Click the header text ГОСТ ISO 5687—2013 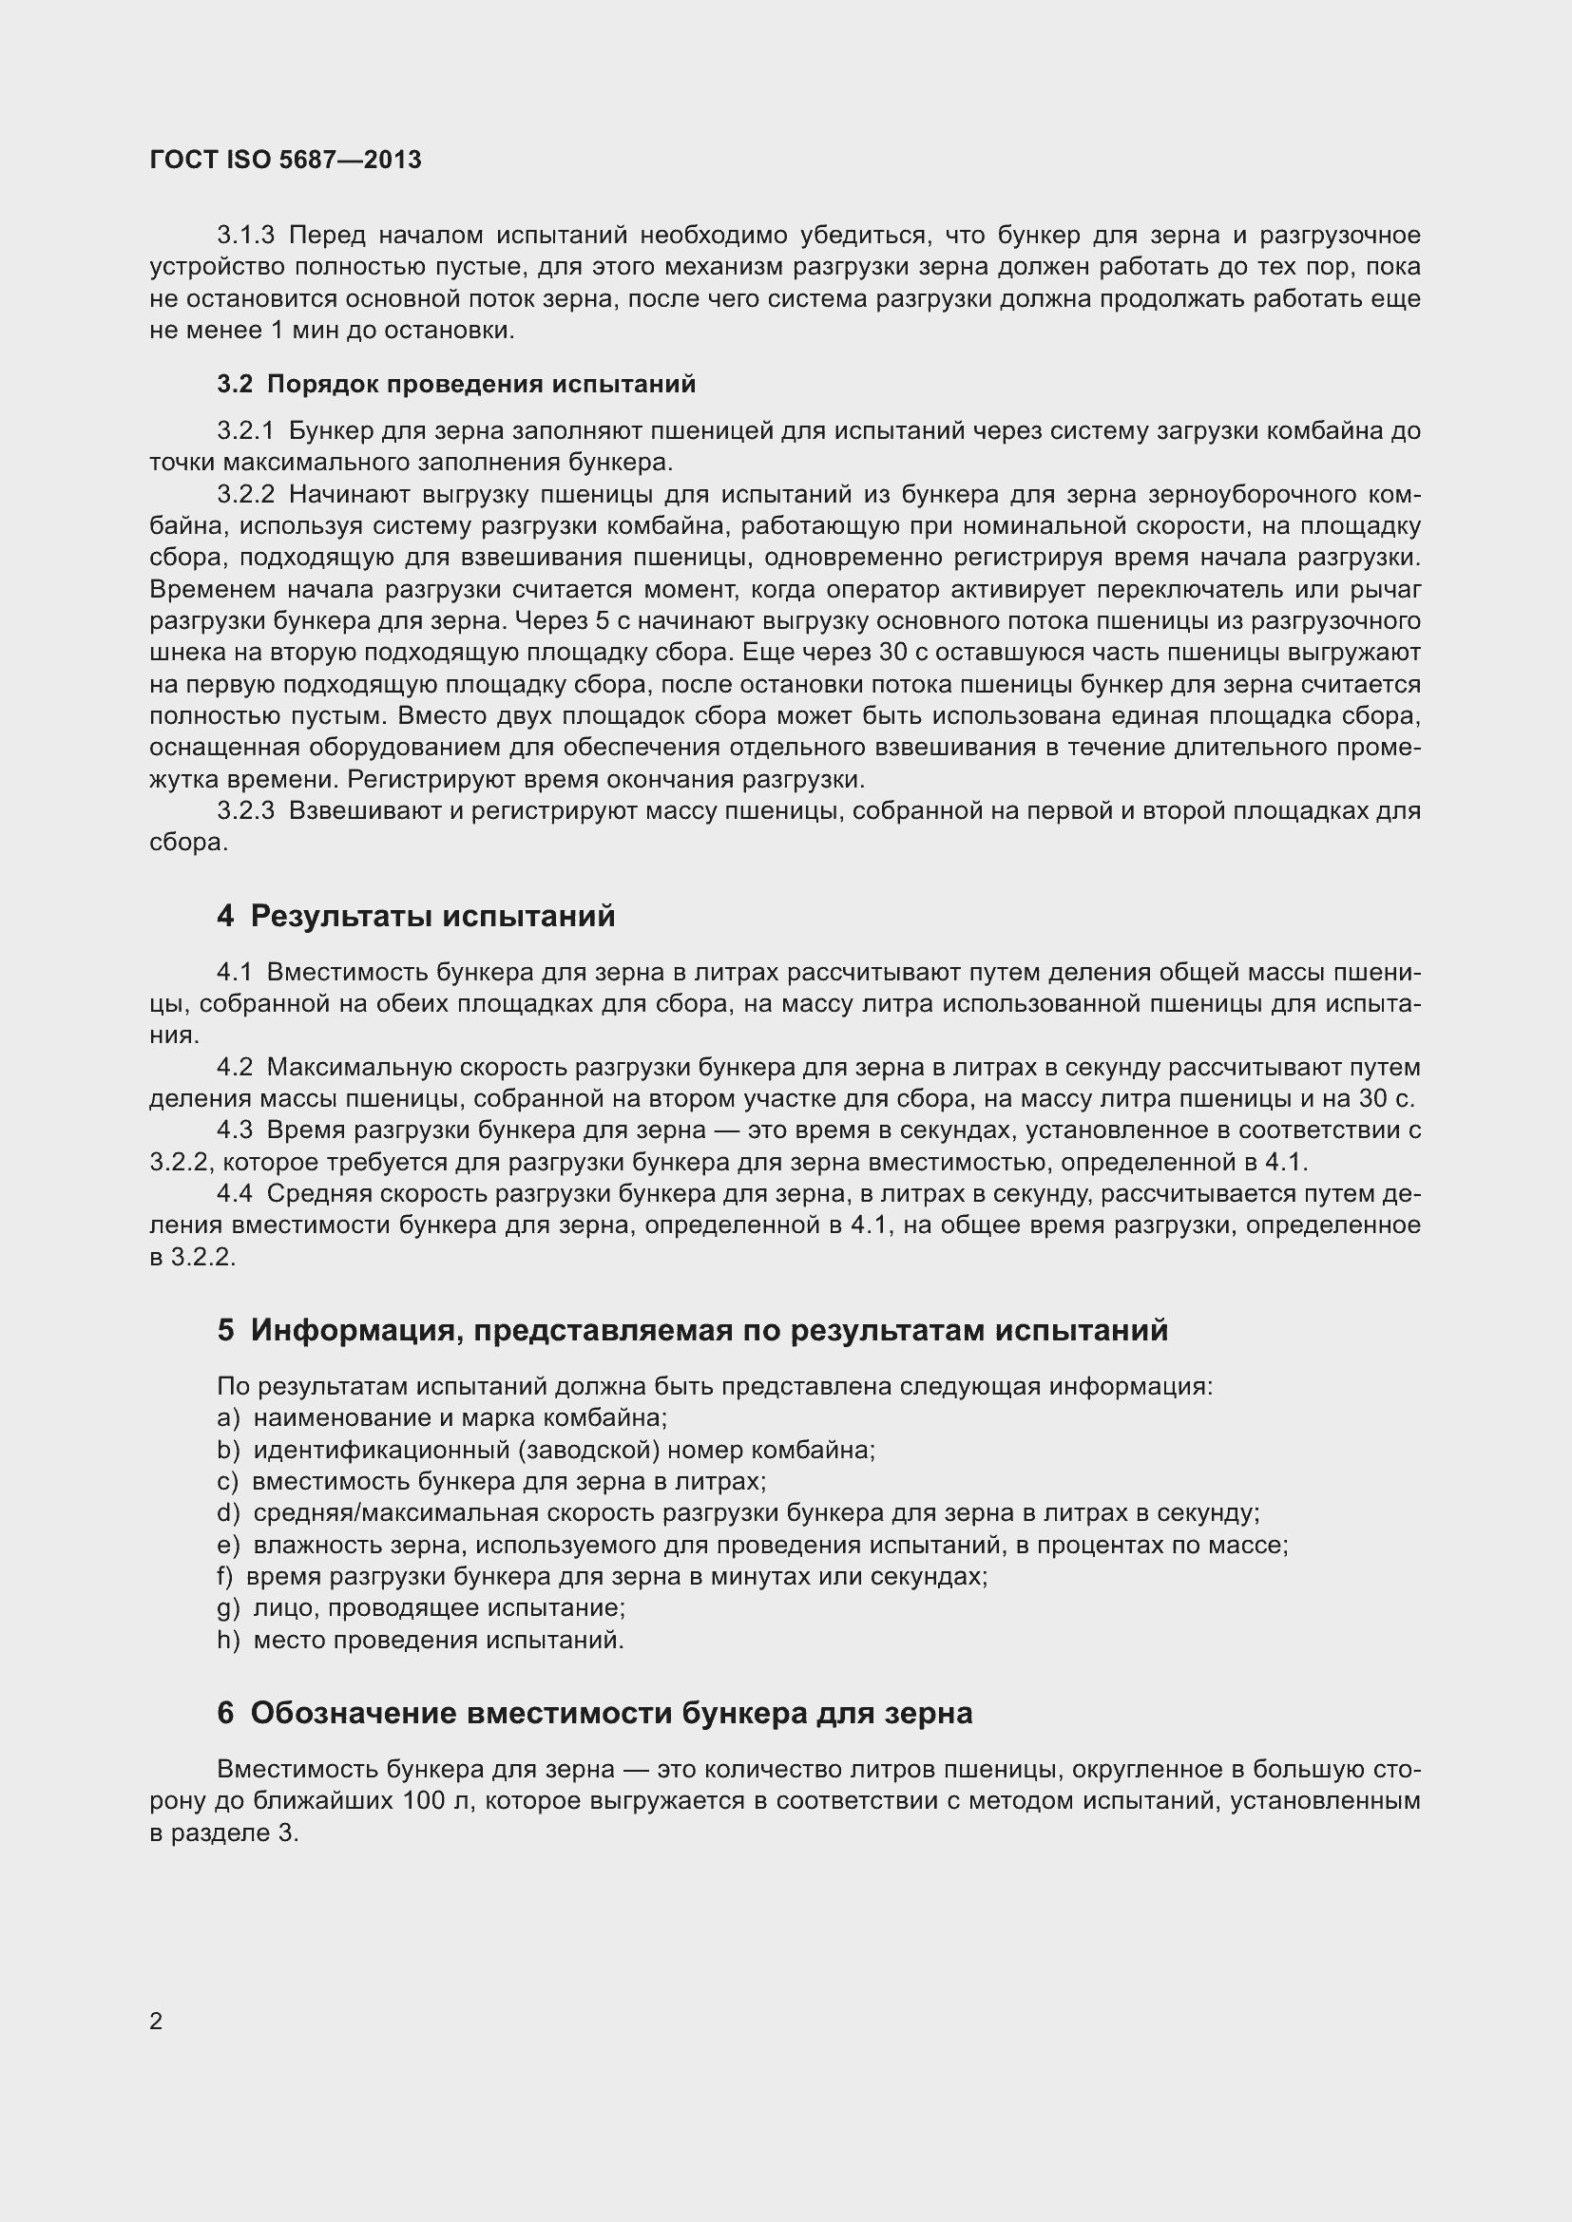[x=285, y=161]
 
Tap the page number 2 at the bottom [x=156, y=2021]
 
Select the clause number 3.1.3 [x=246, y=236]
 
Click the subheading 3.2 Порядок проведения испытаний [x=456, y=384]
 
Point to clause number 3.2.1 [x=246, y=430]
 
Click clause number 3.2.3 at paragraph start [x=246, y=810]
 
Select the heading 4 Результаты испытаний [x=416, y=916]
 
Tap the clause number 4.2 [x=234, y=1068]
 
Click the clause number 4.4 [x=234, y=1194]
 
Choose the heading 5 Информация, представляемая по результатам [x=692, y=1331]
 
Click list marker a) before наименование [x=227, y=1418]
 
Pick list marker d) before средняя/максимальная [x=227, y=1513]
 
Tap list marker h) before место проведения [x=227, y=1641]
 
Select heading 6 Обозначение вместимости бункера [x=594, y=1714]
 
